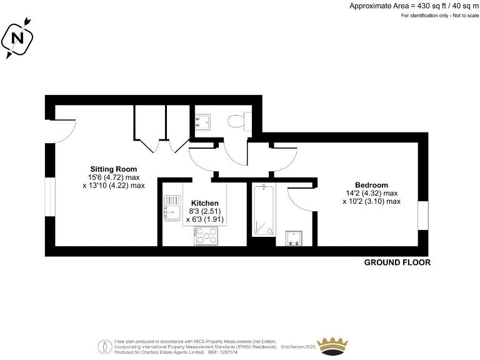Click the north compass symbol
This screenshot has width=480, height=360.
point(17,39)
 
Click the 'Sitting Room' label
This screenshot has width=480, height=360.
point(113,169)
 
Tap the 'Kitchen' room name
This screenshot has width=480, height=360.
point(204,203)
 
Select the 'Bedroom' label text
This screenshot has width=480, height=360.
point(371,185)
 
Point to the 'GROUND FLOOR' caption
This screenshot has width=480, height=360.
point(397,262)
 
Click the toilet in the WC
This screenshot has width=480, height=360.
point(239,119)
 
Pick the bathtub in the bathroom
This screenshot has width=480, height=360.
point(263,211)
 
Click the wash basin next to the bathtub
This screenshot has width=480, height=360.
point(294,237)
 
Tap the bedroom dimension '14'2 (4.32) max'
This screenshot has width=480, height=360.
point(371,193)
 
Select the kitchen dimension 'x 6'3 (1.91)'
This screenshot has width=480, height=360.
point(204,219)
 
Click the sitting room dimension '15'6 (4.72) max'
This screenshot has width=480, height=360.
point(113,177)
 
